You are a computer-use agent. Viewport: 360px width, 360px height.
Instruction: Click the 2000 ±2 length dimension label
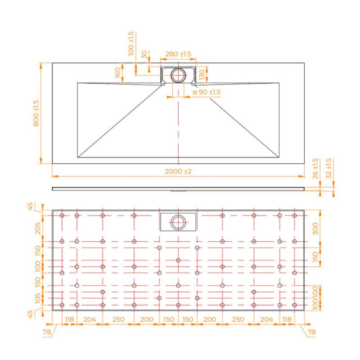click(178, 171)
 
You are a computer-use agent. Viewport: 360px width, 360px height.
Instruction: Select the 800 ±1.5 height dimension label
click(36, 113)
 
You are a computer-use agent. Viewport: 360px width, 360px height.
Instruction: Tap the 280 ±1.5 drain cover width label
click(178, 54)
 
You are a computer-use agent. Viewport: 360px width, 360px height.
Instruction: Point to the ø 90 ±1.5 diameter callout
click(207, 92)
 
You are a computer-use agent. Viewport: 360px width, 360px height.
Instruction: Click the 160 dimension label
click(117, 72)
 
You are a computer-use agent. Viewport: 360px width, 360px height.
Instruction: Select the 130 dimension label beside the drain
click(202, 75)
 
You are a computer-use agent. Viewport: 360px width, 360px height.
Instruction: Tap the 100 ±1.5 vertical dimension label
click(130, 44)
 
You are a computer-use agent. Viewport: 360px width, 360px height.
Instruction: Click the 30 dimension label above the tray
click(144, 54)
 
